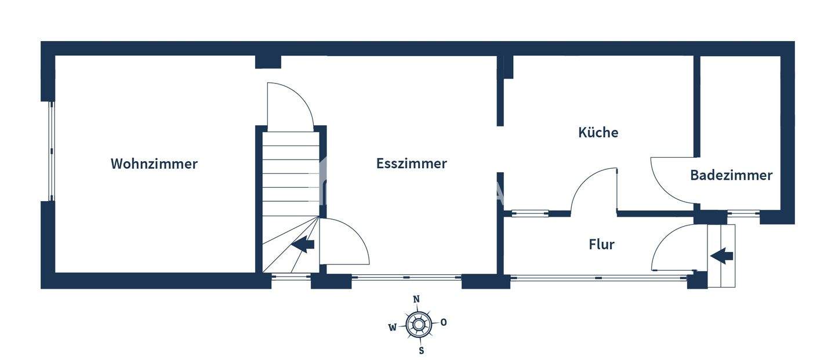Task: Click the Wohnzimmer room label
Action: click(154, 164)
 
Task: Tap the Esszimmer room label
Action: click(411, 164)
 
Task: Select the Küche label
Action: click(598, 133)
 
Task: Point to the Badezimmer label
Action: click(731, 175)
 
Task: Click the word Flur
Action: click(601, 245)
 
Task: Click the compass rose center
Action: click(418, 325)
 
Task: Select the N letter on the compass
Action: click(416, 299)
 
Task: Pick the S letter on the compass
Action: click(422, 350)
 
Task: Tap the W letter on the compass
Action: click(393, 327)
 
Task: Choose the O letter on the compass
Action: click(444, 322)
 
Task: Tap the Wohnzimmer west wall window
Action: click(51, 151)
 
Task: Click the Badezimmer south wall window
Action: click(743, 213)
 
